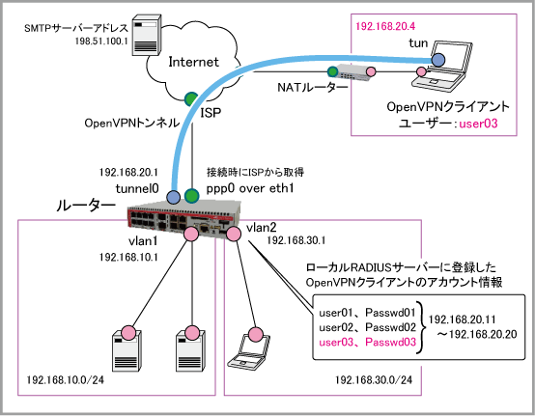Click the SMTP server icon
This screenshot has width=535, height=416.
(147, 35)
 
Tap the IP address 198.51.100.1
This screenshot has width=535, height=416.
(101, 42)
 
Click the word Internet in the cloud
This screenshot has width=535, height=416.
(193, 62)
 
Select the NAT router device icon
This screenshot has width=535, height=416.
(352, 72)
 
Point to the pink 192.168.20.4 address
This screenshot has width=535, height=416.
(385, 26)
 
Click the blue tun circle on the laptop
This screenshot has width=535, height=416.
(438, 61)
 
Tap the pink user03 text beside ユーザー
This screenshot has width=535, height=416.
(478, 124)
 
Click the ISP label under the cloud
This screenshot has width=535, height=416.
(211, 112)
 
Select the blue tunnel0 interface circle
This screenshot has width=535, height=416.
(173, 197)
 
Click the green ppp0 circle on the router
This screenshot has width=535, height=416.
(191, 196)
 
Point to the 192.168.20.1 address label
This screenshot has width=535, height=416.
(128, 172)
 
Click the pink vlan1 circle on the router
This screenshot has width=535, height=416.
(191, 235)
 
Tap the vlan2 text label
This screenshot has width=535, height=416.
(262, 227)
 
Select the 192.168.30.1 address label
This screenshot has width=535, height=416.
(296, 240)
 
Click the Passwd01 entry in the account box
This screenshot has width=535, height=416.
(391, 312)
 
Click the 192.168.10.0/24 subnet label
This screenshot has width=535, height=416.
(65, 379)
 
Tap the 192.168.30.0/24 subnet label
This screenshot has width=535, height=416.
(374, 379)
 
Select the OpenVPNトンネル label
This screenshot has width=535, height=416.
(132, 123)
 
